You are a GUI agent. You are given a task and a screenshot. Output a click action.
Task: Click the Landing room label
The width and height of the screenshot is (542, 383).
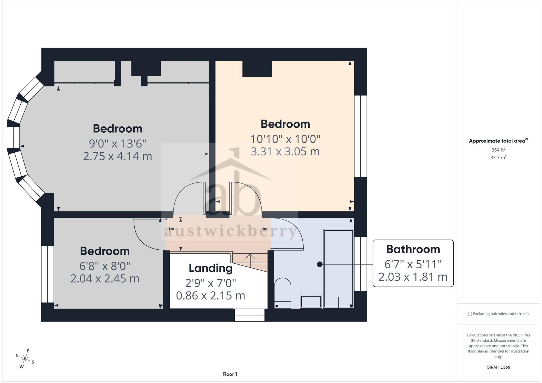pos(211,268)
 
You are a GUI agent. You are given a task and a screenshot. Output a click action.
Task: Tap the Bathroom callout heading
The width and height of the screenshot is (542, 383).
pos(413,249)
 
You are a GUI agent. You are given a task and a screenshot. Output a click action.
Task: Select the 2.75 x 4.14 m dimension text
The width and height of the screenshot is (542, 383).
pos(117,156)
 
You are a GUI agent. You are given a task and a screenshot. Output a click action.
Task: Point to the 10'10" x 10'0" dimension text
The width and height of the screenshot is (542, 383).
pos(285,139)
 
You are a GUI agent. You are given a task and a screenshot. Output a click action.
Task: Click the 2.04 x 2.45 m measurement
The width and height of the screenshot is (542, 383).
pos(105,279)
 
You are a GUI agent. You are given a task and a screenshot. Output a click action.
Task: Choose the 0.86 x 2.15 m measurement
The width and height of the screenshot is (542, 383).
pos(211,295)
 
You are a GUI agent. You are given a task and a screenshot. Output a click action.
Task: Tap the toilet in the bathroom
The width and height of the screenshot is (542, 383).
pos(283,293)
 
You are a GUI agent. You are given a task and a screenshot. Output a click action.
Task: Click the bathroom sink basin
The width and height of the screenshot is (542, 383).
pos(311,302)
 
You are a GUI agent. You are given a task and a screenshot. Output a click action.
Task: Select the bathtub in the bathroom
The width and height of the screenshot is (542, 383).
pos(338,269)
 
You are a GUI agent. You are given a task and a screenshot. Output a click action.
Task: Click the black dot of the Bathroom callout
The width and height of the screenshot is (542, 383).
pos(320,264)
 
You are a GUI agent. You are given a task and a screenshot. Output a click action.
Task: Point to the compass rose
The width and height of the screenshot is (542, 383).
pos(25,359)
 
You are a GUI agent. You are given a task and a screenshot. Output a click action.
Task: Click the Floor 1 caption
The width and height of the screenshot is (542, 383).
pos(230,374)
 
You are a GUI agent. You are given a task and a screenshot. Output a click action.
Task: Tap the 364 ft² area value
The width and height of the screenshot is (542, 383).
pos(498,150)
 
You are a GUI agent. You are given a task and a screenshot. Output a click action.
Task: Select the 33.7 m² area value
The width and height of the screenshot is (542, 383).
pos(498,157)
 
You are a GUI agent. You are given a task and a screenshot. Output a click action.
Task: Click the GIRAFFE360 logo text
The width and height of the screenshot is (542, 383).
pos(498,367)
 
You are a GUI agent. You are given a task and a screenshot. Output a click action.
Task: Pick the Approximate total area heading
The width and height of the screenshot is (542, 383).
pos(498,141)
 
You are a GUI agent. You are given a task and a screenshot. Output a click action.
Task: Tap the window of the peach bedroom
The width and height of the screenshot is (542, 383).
pos(360,136)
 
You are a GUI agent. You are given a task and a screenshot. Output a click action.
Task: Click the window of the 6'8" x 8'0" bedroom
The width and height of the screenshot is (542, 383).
pos(47,274)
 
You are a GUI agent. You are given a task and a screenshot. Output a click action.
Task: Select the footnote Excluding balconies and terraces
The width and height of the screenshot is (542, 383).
pos(498,314)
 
